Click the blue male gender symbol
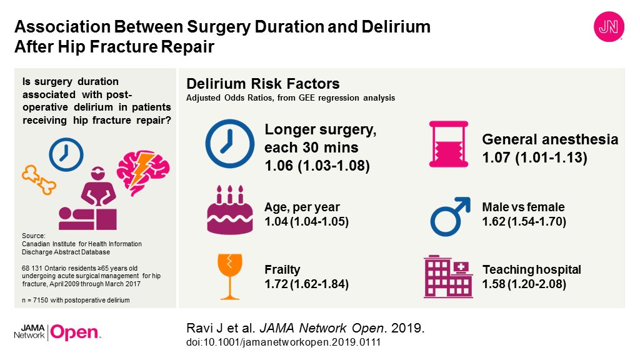coord(450,214)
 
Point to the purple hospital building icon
coord(449,275)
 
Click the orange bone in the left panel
coord(39,179)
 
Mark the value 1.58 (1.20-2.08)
coord(524,284)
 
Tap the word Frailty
coord(282,270)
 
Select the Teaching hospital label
coord(531,270)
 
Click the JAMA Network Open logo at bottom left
coord(57,332)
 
